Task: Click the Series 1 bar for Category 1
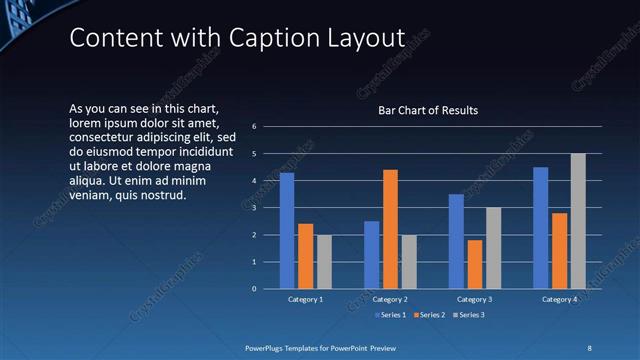click(x=287, y=231)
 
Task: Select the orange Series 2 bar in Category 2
click(x=390, y=229)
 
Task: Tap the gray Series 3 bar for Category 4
click(x=578, y=221)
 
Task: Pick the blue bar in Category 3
click(x=456, y=241)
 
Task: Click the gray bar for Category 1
click(x=324, y=262)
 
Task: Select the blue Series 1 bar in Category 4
click(x=540, y=228)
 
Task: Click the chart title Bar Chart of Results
click(x=428, y=110)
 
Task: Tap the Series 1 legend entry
click(x=391, y=315)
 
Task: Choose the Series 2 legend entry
click(x=428, y=315)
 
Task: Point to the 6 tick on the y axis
click(x=255, y=127)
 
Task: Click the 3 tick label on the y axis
click(x=255, y=208)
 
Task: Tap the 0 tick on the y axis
click(x=255, y=289)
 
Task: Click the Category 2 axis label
click(x=390, y=299)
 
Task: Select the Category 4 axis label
click(x=559, y=299)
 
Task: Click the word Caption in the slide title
click(x=262, y=39)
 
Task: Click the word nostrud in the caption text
click(x=165, y=195)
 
